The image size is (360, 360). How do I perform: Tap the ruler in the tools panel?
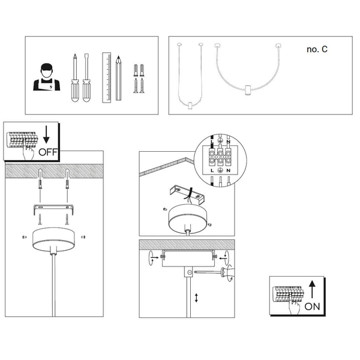click(107, 76)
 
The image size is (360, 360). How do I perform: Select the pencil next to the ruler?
click(119, 78)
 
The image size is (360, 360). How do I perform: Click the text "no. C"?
click(316, 50)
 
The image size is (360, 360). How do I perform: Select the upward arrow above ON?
click(312, 289)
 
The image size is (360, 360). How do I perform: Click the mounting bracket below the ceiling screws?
click(52, 208)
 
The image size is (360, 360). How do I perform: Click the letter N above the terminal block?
click(228, 142)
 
